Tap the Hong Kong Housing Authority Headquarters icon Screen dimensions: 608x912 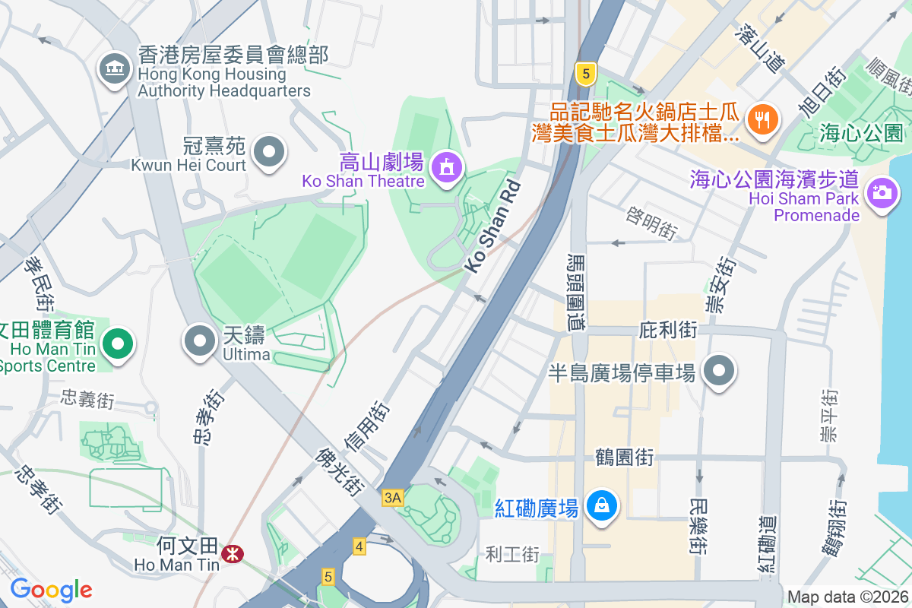click(x=115, y=71)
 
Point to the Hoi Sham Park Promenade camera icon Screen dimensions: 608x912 click(x=882, y=190)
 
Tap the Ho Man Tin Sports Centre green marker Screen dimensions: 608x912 click(x=117, y=343)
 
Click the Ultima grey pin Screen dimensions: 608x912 click(x=201, y=340)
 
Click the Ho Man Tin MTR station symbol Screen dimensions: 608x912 click(x=232, y=556)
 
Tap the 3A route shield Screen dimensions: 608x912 click(x=392, y=498)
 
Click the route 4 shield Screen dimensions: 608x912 click(x=359, y=546)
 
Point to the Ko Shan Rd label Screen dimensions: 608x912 click(x=494, y=227)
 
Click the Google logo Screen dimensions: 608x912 click(x=51, y=590)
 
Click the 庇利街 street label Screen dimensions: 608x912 click(x=669, y=330)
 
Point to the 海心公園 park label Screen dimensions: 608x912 click(x=861, y=133)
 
